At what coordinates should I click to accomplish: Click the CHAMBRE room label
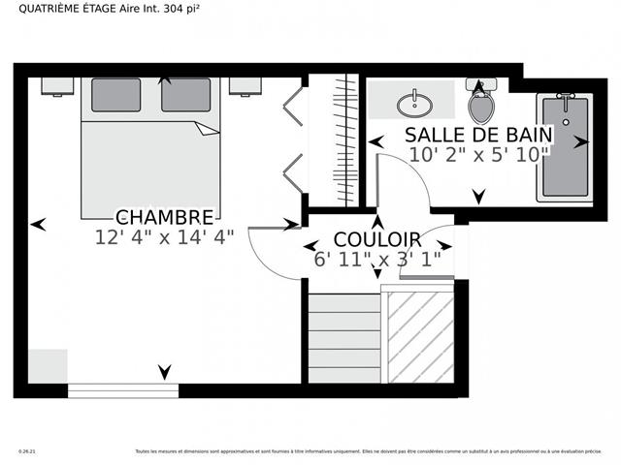tap(164, 216)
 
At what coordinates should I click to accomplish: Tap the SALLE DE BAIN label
tap(478, 134)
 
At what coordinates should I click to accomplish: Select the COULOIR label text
tap(376, 239)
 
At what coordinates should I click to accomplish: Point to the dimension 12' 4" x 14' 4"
tap(164, 235)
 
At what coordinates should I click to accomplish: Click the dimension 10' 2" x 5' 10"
tap(478, 153)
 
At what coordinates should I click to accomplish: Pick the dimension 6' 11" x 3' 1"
tap(376, 259)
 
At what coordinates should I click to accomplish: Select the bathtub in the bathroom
tap(564, 146)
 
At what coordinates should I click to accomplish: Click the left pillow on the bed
tap(115, 95)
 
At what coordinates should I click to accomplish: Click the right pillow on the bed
tap(185, 95)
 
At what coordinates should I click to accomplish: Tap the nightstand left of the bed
tap(57, 86)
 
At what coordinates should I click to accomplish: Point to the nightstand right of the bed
tap(245, 86)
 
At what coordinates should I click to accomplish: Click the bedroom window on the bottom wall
tap(123, 390)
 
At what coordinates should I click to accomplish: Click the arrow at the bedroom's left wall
tap(38, 224)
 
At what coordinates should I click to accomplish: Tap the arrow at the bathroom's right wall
tap(580, 141)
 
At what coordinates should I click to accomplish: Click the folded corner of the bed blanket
tap(207, 129)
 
